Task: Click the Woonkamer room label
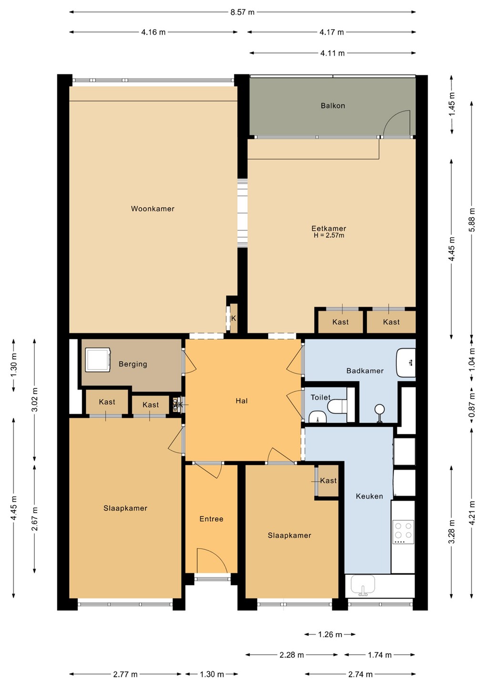pos(152,209)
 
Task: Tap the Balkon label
pos(333,106)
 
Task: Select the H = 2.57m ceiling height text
pos(329,235)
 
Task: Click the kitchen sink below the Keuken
pos(363,585)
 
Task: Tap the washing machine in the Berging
pos(97,360)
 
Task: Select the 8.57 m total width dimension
pos(242,12)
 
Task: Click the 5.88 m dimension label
pos(472,220)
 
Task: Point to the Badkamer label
pos(365,371)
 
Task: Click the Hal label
pos(242,401)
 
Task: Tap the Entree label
pos(211,519)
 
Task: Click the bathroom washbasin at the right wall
pos(406,363)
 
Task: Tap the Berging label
pos(133,364)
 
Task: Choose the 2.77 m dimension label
pos(125,674)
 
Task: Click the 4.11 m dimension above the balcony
pos(332,53)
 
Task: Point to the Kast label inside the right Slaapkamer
pos(329,481)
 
